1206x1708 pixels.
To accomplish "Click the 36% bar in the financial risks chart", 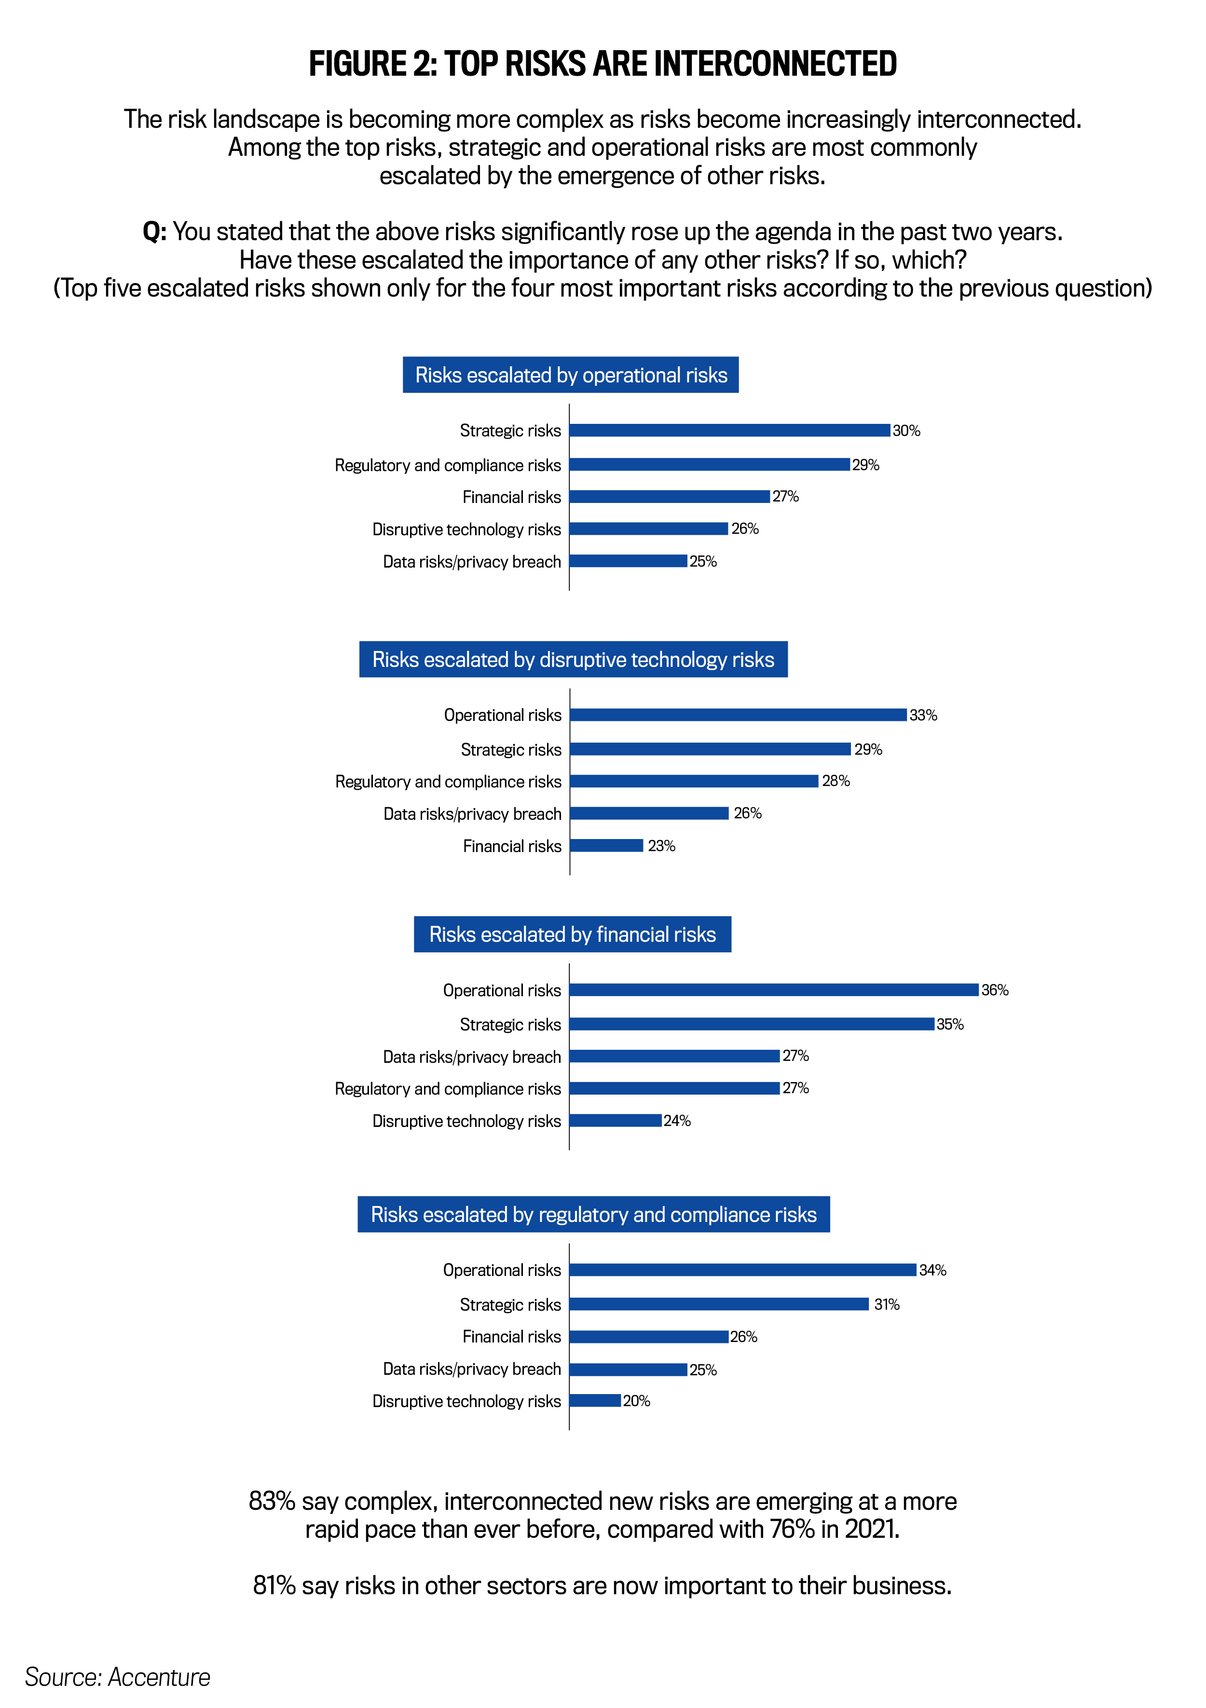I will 774,990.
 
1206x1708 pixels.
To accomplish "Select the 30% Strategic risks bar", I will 729,430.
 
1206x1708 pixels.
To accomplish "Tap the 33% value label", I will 923,715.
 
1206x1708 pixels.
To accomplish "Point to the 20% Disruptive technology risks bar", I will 595,1401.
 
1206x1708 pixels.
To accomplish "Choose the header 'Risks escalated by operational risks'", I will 571,375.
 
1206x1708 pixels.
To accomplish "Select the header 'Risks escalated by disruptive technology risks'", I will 573,659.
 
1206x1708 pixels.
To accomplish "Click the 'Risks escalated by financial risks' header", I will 572,935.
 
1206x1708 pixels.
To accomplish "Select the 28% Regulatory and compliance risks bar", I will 694,781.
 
